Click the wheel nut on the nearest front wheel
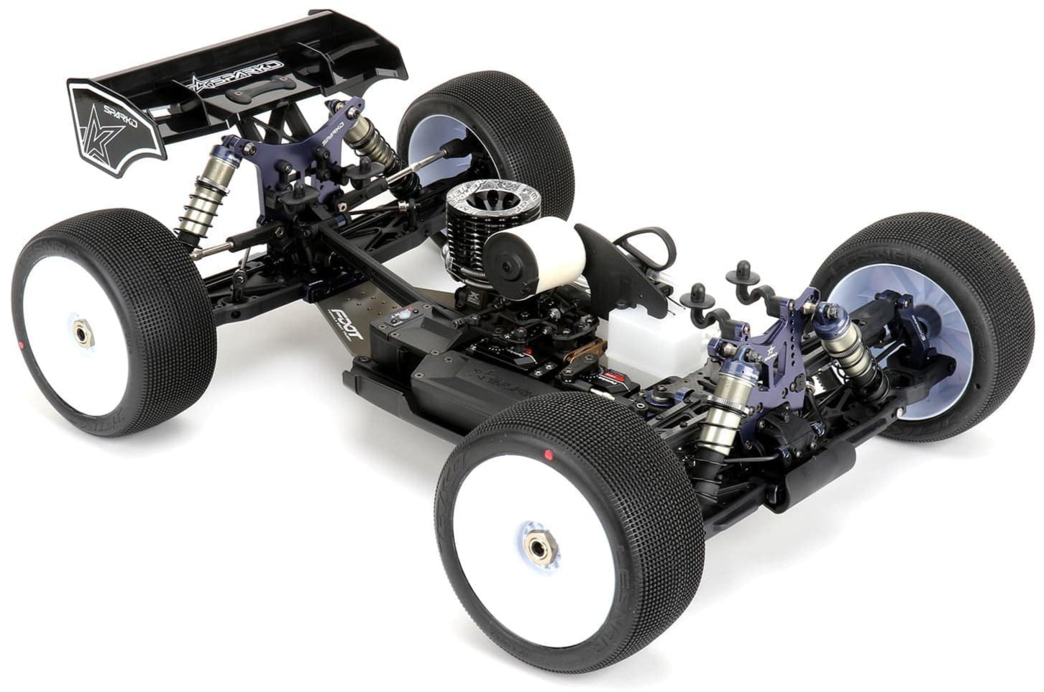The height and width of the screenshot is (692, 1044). pos(536,547)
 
